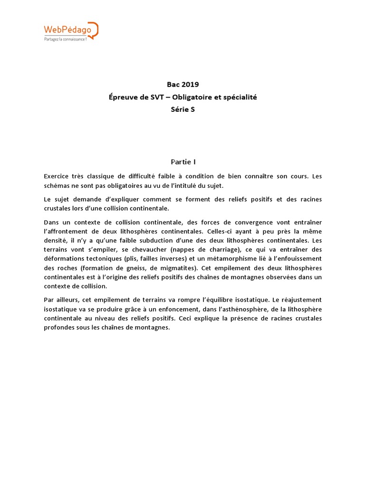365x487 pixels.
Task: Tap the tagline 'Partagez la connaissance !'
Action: [65, 39]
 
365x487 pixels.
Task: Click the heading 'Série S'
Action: [182, 109]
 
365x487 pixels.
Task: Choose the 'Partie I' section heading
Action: [182, 162]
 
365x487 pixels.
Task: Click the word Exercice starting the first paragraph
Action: [57, 176]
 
